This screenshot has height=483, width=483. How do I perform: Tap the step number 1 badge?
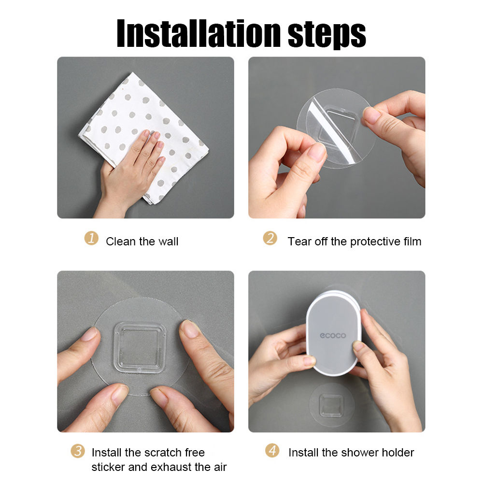(x=91, y=239)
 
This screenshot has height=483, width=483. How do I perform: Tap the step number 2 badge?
(x=270, y=239)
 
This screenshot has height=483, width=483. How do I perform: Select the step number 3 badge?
(x=77, y=451)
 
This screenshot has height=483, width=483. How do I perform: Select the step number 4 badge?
(x=272, y=451)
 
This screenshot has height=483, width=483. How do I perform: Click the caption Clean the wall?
(x=142, y=241)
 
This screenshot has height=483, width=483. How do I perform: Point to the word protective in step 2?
(x=375, y=241)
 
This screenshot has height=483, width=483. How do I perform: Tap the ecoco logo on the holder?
(x=332, y=335)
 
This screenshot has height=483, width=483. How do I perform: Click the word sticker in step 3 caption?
(x=108, y=467)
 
